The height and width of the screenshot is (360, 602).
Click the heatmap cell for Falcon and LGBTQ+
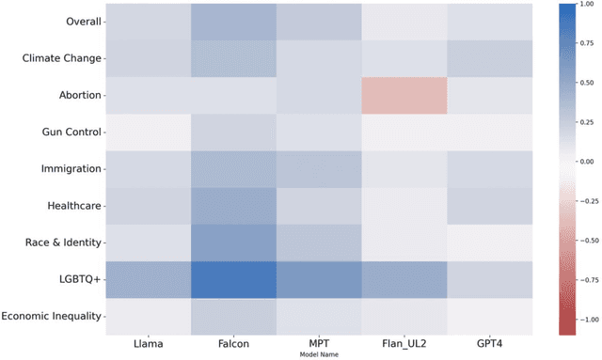234,279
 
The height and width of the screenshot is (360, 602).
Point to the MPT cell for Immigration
319,168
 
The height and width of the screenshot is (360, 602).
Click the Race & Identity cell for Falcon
234,242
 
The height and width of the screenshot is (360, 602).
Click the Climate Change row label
61,58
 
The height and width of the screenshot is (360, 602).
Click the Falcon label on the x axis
234,344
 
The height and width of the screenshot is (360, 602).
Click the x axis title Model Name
319,354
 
